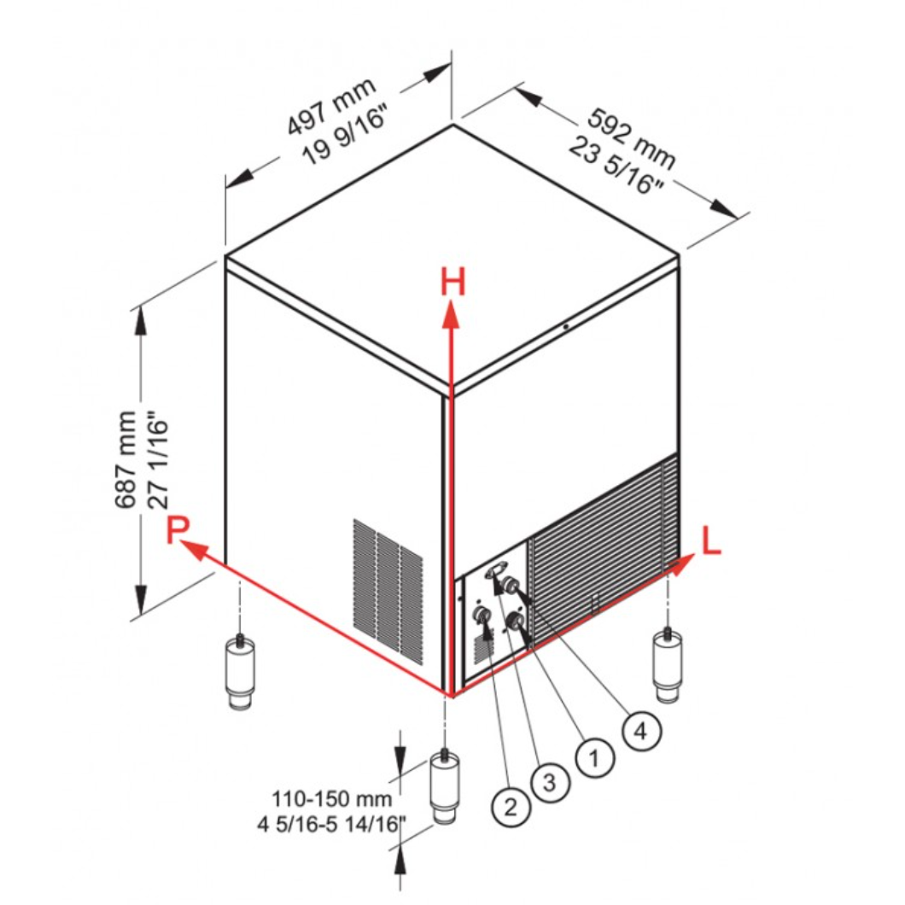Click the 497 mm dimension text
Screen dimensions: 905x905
(x=332, y=107)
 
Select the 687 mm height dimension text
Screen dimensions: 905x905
(x=126, y=460)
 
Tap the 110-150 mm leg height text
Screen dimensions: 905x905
(x=332, y=799)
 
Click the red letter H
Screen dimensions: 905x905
(x=452, y=283)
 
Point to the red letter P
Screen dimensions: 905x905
(x=178, y=530)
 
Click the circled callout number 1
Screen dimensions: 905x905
(x=594, y=758)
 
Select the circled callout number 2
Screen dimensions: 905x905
(x=511, y=807)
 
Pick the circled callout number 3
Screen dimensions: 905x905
(x=550, y=782)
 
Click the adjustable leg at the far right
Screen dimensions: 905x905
(x=668, y=664)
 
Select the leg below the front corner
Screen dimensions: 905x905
(x=445, y=786)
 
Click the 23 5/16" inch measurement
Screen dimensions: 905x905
(x=616, y=165)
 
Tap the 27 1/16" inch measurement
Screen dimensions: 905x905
(x=159, y=460)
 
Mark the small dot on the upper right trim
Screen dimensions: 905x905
(x=566, y=327)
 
